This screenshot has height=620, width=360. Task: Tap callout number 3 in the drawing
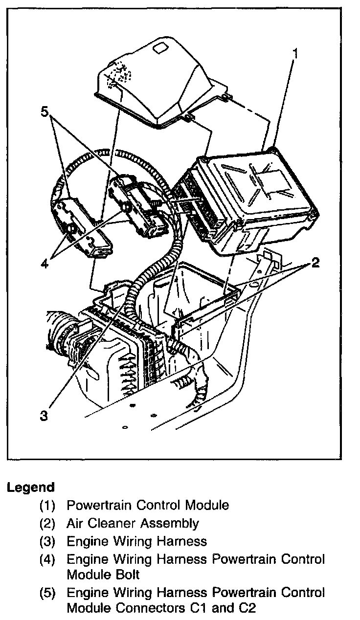tap(44, 415)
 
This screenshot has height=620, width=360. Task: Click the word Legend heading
tap(30, 487)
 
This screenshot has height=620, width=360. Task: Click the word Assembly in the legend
tap(170, 524)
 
